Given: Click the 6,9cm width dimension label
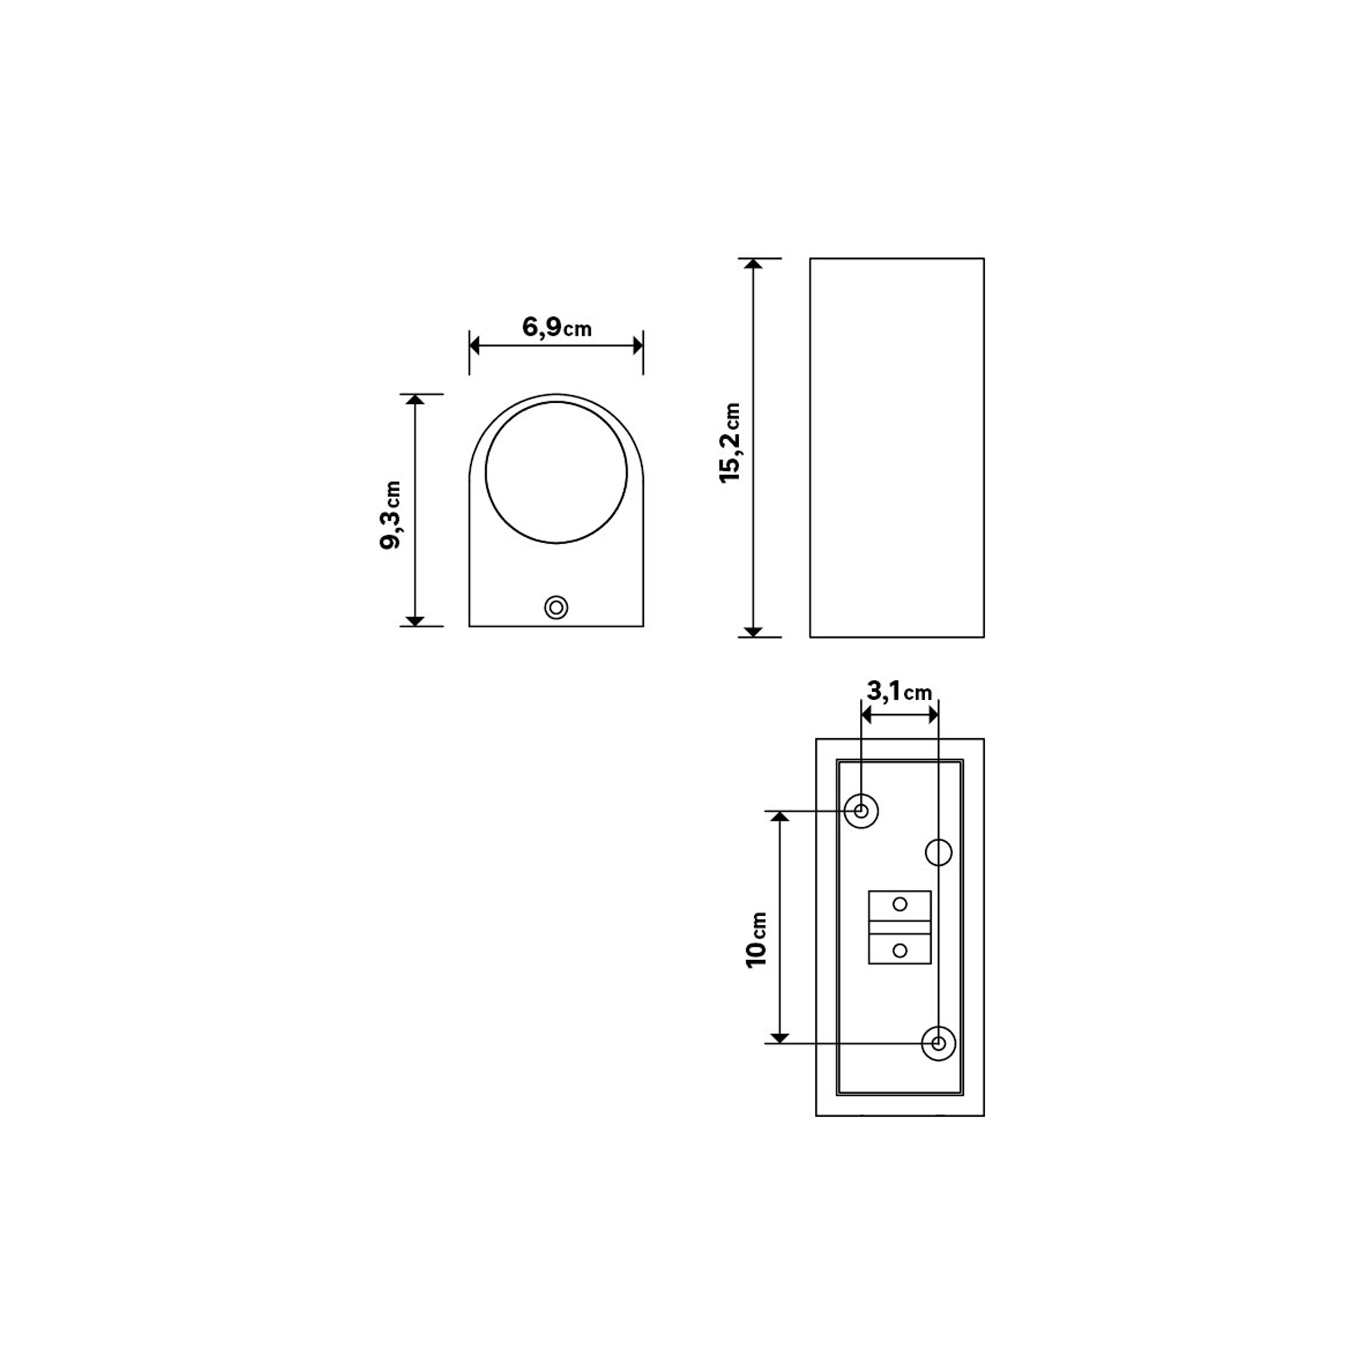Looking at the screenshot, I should pyautogui.click(x=557, y=327).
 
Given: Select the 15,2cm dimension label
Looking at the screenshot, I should pyautogui.click(x=730, y=443).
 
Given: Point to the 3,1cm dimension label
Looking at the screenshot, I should pyautogui.click(x=899, y=692).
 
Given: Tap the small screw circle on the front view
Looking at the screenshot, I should pyautogui.click(x=557, y=607).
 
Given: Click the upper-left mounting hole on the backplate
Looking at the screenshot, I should pyautogui.click(x=861, y=811).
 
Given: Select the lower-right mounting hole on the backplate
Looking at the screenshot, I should pyautogui.click(x=938, y=1043).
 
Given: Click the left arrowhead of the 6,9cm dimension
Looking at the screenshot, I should pyautogui.click(x=474, y=346).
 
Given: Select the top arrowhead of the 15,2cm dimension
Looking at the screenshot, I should pyautogui.click(x=753, y=263).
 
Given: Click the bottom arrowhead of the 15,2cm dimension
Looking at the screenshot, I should pyautogui.click(x=753, y=632).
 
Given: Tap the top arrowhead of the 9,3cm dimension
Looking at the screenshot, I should pyautogui.click(x=415, y=399).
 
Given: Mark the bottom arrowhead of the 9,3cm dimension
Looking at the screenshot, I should pyautogui.click(x=415, y=621).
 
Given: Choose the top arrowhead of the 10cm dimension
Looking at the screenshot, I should pyautogui.click(x=779, y=817).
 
